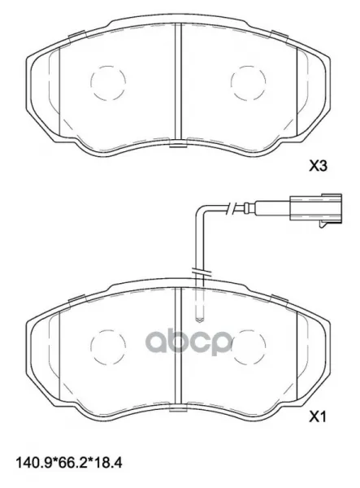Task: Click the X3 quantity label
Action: pos(318,166)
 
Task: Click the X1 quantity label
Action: pos(317,416)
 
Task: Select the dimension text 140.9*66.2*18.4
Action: pos(69,463)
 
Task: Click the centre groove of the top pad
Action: pos(178,81)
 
